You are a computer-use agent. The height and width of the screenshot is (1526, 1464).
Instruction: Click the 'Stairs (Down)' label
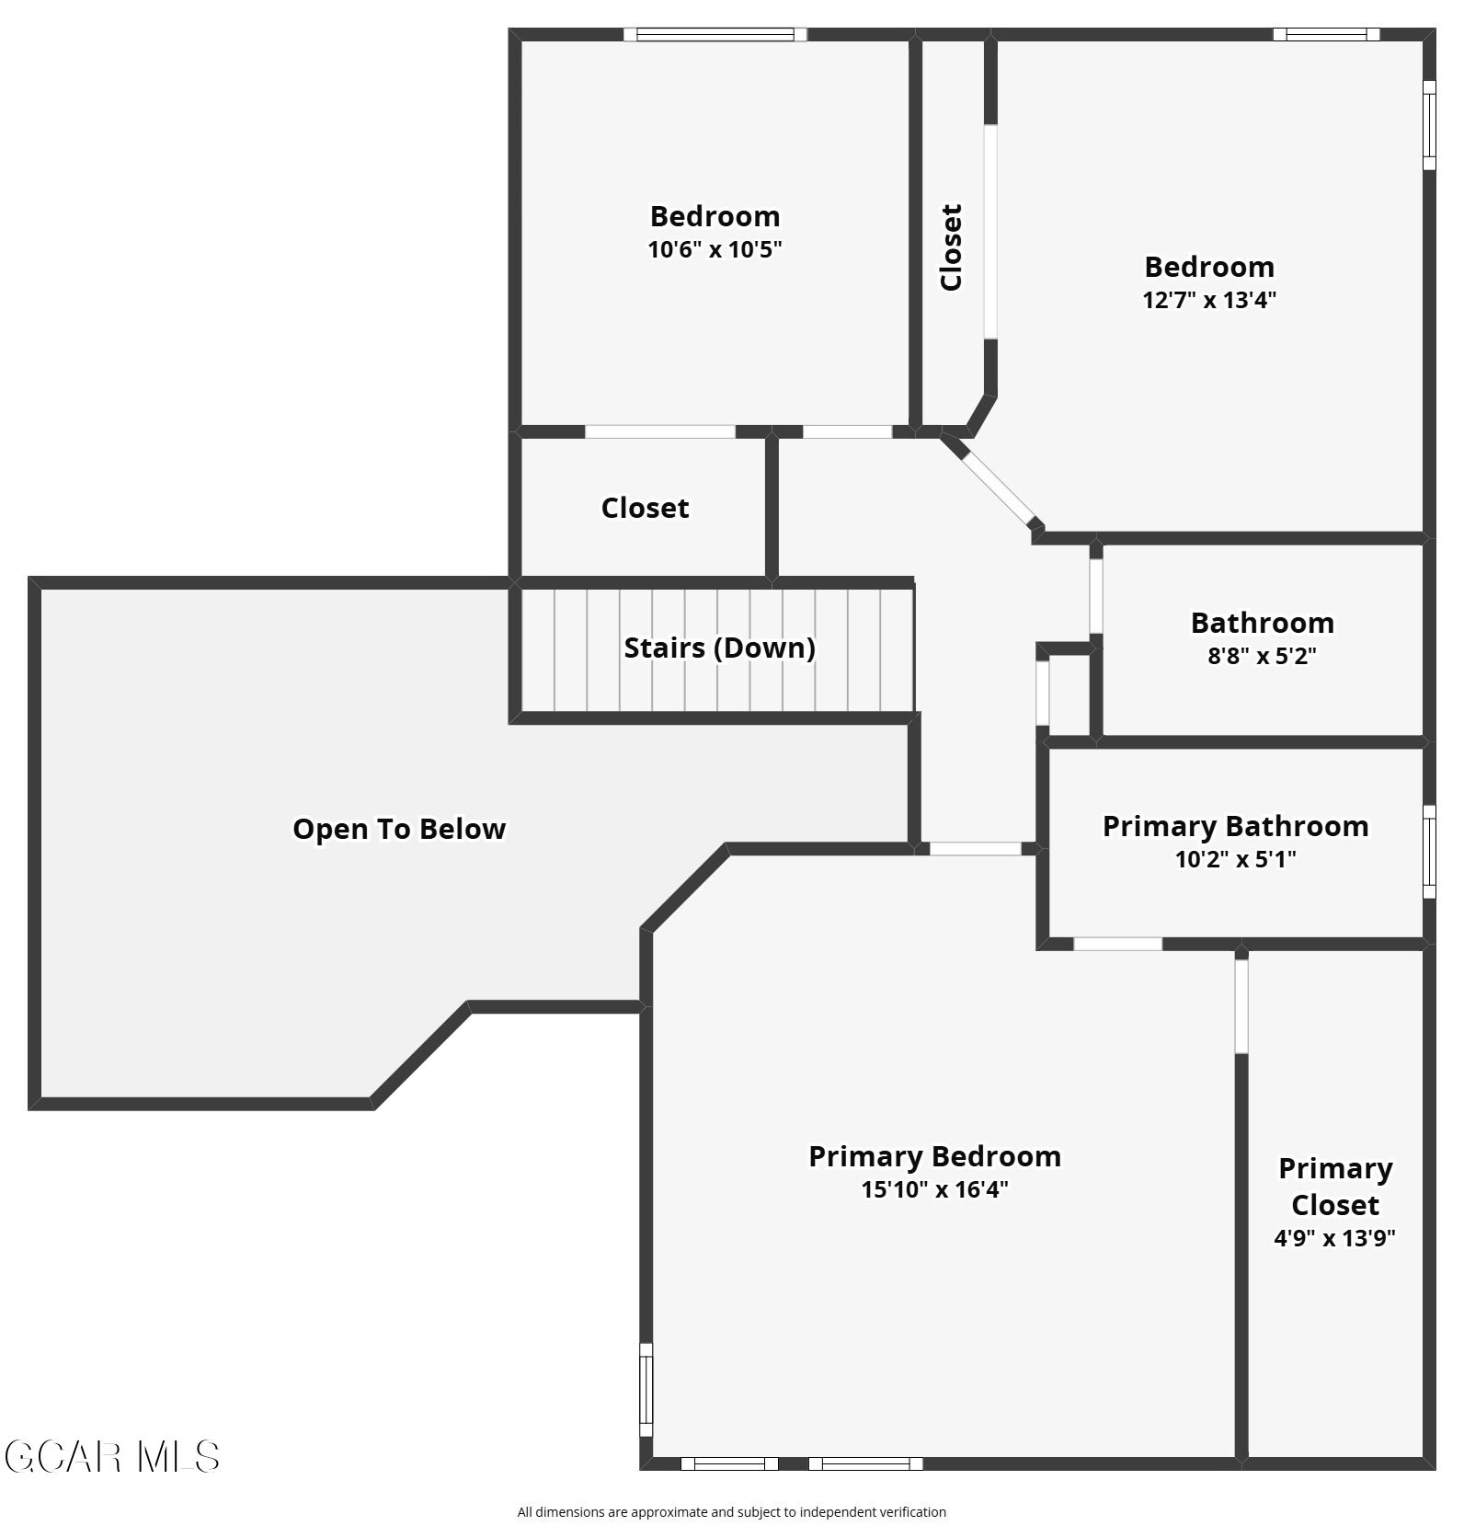719,648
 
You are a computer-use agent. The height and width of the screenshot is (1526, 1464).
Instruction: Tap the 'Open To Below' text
399,829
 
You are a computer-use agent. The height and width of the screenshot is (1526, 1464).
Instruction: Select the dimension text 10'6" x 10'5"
715,249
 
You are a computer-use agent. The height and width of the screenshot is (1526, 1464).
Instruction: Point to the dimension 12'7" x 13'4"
1209,300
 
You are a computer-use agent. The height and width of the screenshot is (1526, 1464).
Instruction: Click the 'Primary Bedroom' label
934,1156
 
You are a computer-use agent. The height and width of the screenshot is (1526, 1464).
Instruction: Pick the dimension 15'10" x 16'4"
934,1189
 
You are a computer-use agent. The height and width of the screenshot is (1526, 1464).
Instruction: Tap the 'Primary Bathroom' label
1235,826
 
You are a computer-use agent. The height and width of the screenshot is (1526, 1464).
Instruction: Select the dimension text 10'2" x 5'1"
1235,859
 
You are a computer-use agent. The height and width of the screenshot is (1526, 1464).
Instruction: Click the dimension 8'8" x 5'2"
1262,656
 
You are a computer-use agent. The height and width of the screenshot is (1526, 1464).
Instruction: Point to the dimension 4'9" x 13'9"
1334,1238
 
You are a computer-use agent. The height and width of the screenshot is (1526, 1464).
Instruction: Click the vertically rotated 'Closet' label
951,247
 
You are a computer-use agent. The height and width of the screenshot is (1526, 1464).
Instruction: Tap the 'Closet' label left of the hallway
645,508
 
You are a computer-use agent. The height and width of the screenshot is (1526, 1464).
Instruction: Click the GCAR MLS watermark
111,1457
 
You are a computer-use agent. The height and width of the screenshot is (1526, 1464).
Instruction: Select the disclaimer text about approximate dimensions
731,1511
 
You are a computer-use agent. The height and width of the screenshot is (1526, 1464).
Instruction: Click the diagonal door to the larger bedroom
998,488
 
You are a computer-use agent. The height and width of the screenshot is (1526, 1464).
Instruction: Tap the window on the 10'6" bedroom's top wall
715,35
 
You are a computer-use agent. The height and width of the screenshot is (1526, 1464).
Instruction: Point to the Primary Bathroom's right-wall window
1429,852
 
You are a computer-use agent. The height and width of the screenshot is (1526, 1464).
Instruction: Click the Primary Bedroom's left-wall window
646,1390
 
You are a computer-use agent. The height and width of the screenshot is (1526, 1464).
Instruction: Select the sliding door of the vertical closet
990,232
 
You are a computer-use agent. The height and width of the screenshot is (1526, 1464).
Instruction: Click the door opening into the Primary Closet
1241,1006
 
